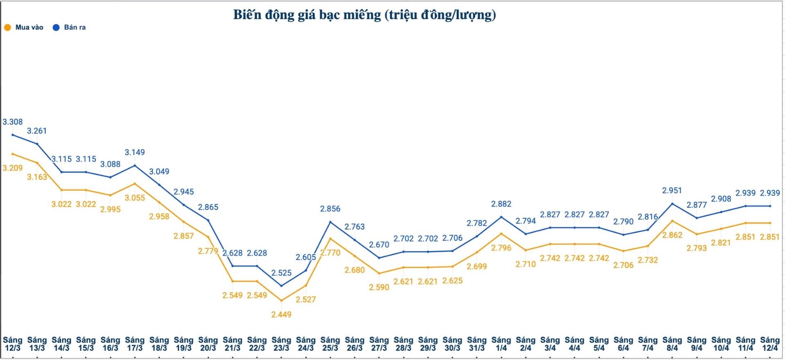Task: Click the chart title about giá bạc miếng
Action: (364, 15)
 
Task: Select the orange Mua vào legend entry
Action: (24, 27)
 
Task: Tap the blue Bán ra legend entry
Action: (69, 27)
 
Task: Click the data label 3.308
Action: (13, 122)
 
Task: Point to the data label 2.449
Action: (281, 315)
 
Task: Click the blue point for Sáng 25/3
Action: (330, 222)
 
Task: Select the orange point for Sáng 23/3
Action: (281, 301)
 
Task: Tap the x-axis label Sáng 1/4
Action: (501, 344)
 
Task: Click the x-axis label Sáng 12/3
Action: (13, 344)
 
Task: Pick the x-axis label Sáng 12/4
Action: (769, 344)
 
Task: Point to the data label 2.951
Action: (672, 191)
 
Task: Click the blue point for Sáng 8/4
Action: (672, 204)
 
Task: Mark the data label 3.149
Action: (135, 153)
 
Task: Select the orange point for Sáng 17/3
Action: (135, 184)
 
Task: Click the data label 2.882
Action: (501, 204)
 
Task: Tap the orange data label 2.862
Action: (672, 235)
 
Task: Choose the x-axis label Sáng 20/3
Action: (208, 344)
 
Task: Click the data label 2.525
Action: (281, 273)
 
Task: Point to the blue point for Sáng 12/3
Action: (13, 135)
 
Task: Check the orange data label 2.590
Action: (379, 287)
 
